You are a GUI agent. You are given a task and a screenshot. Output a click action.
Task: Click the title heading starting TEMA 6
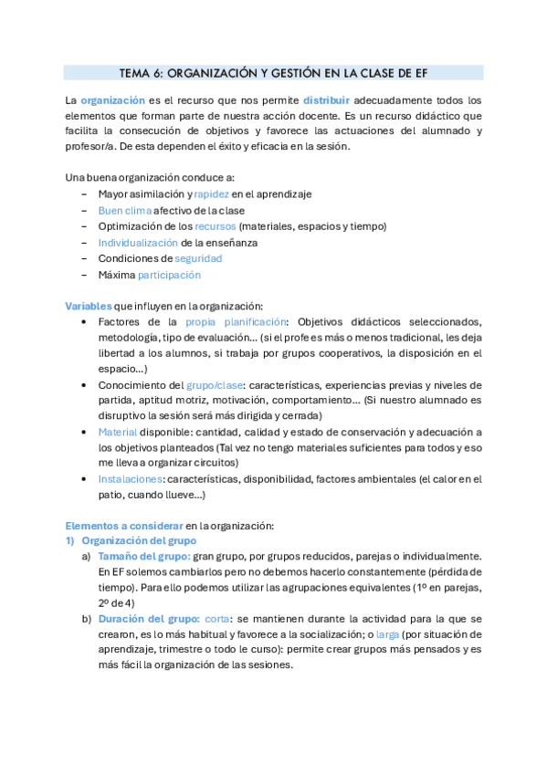pos(273,73)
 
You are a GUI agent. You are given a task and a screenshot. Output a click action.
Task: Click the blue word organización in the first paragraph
pos(112,99)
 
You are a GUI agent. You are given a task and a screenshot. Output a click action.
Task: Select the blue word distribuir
pos(327,99)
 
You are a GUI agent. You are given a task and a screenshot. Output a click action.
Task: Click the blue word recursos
pos(211,226)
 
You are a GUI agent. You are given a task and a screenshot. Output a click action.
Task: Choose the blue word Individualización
pos(138,243)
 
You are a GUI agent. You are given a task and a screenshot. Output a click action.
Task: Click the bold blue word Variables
pos(88,305)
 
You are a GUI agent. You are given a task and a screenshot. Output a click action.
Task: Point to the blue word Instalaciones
pos(131,478)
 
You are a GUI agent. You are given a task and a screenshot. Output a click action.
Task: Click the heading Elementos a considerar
pos(123,526)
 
